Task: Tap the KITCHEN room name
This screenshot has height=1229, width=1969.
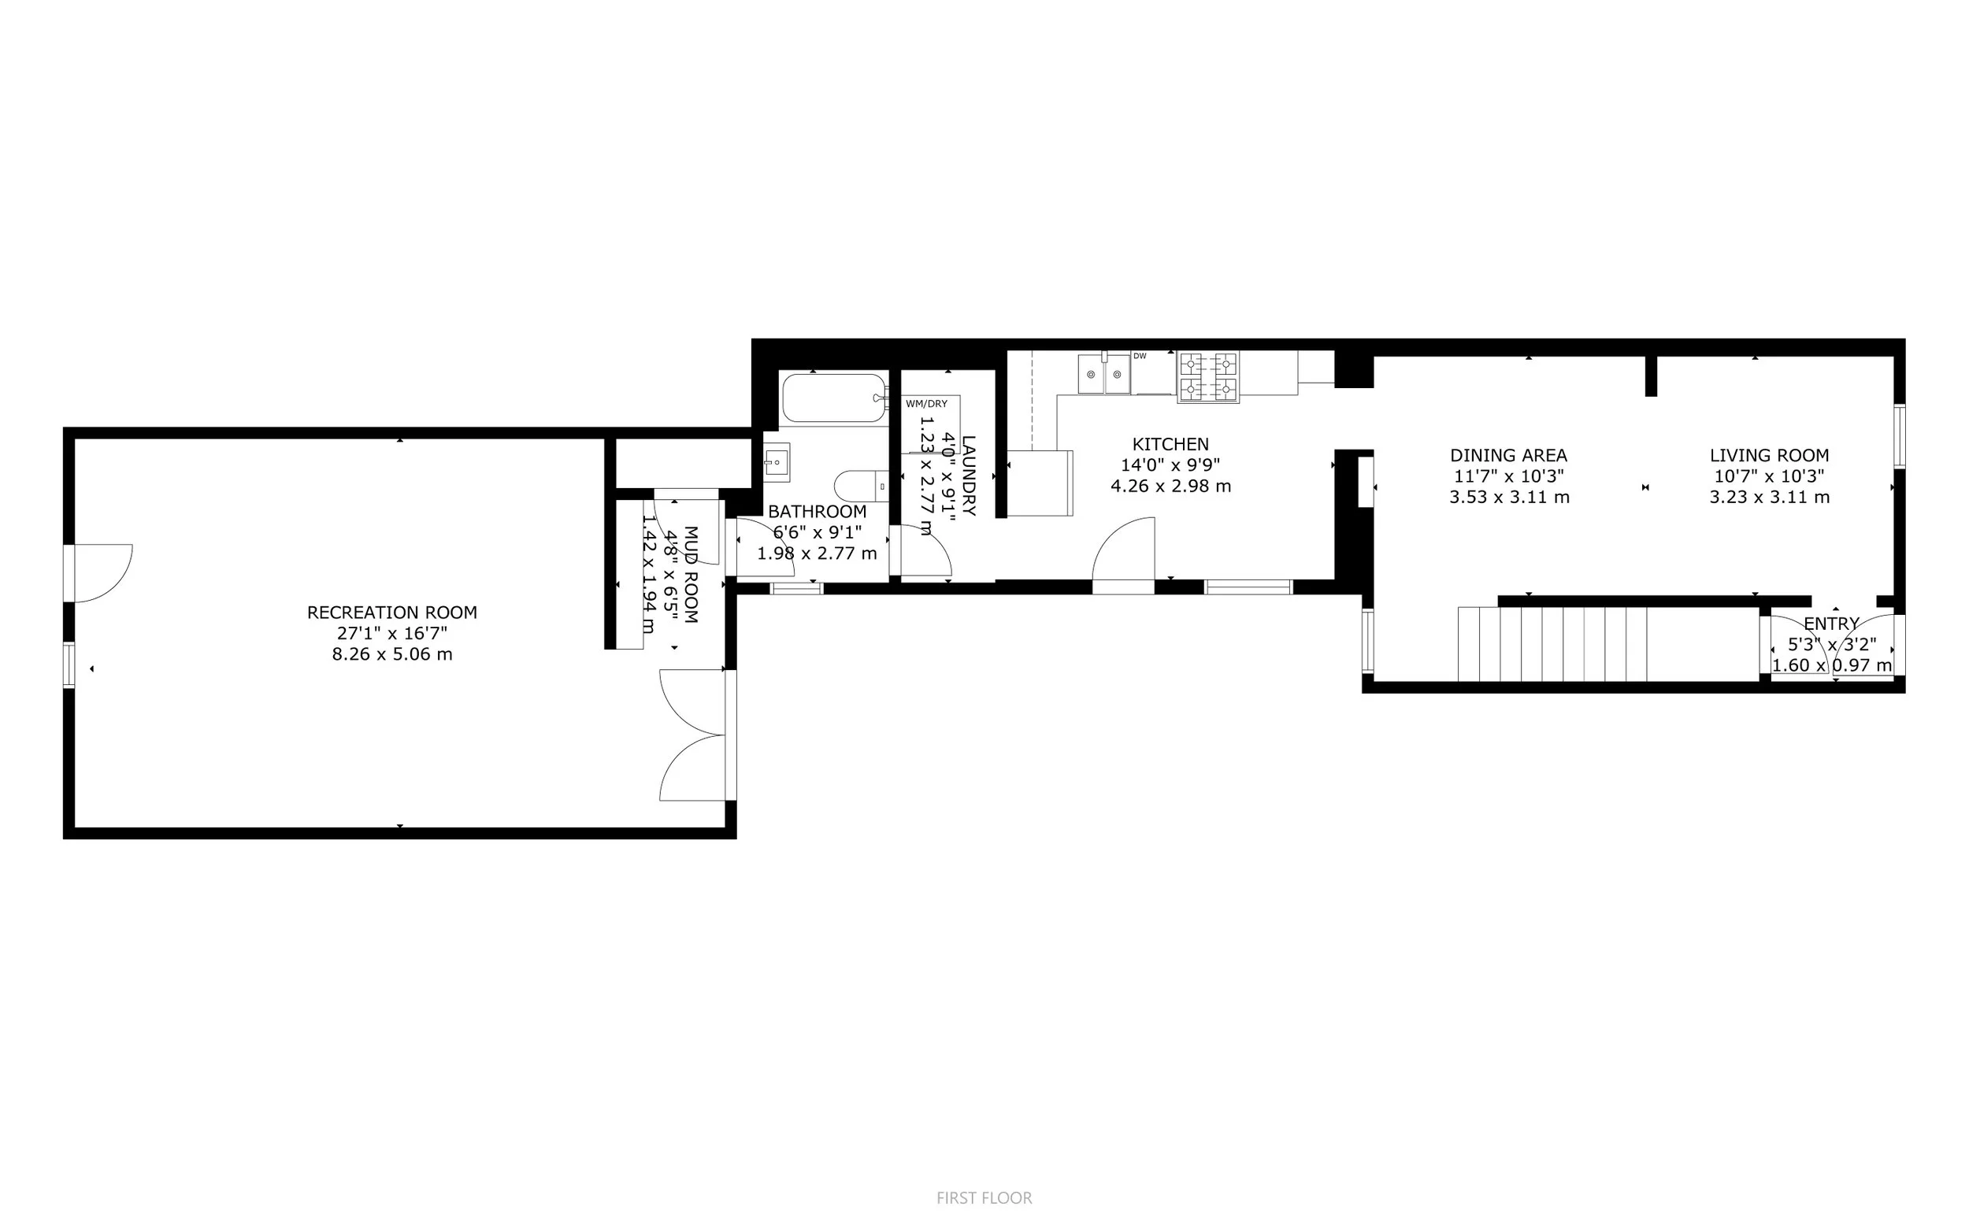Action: (x=1170, y=444)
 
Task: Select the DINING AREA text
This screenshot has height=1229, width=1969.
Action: (x=1508, y=455)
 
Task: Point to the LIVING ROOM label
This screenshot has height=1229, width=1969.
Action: (x=1769, y=455)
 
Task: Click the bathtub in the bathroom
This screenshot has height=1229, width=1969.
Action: (x=833, y=398)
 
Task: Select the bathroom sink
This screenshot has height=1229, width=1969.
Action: (x=777, y=462)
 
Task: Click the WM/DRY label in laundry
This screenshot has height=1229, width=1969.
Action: (x=926, y=404)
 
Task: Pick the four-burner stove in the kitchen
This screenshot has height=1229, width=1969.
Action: (x=1208, y=376)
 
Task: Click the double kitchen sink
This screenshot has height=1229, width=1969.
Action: (x=1104, y=375)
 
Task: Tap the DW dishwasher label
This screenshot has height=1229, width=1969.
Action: (x=1140, y=356)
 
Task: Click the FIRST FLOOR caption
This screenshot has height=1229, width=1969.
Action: (x=984, y=1198)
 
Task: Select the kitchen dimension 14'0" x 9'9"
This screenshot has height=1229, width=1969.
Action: (x=1170, y=465)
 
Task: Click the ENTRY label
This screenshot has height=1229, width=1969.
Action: (x=1831, y=624)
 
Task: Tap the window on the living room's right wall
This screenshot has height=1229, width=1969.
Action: (x=1899, y=436)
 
